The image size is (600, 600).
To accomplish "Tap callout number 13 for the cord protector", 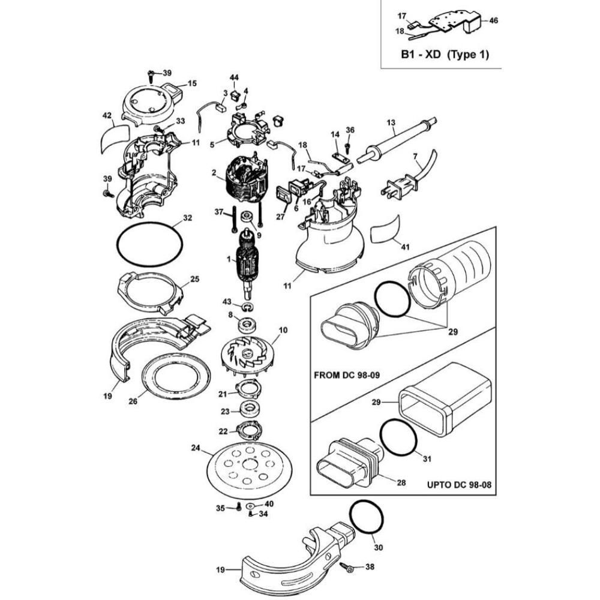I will pos(391,122).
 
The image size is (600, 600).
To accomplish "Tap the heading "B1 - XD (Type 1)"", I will pos(445,55).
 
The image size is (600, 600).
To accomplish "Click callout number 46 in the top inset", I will pos(493,20).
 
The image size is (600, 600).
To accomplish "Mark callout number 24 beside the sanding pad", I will pos(196,448).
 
